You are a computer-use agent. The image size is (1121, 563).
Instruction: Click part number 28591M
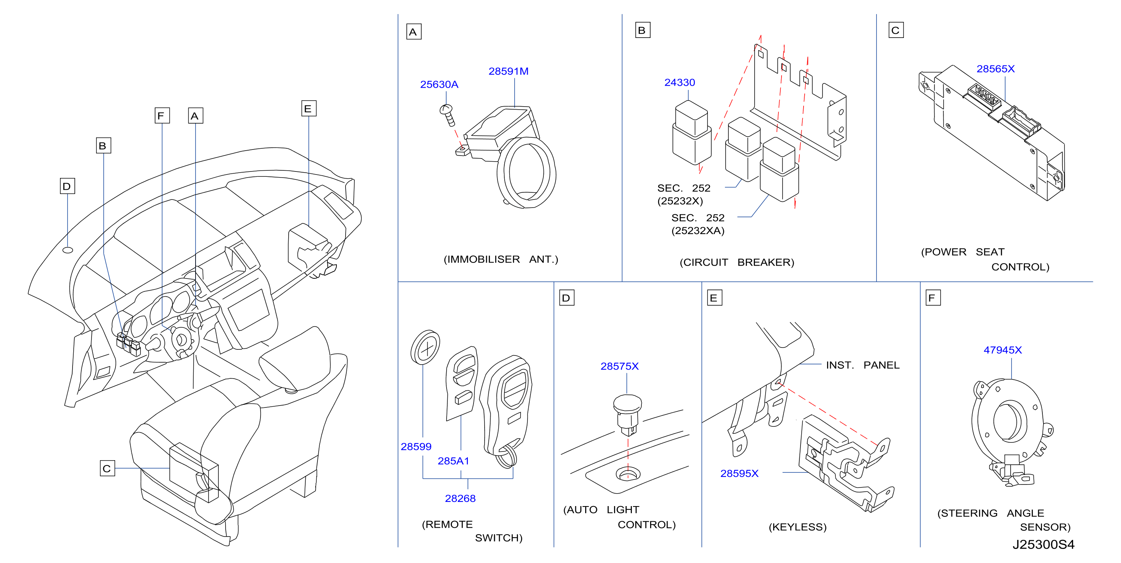508,71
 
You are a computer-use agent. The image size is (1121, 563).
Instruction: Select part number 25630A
439,84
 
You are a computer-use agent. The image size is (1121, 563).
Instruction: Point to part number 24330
680,83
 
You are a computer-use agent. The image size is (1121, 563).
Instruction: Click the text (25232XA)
698,231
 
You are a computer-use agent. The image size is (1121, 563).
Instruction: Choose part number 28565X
996,69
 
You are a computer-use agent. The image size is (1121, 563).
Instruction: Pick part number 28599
416,447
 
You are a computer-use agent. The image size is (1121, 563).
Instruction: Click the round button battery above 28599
425,348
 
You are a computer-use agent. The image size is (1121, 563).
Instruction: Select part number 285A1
453,461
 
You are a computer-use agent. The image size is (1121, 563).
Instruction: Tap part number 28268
460,498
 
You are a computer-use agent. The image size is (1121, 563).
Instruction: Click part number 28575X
620,366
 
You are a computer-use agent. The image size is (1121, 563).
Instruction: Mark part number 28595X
739,473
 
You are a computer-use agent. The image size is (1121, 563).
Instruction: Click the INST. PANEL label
862,365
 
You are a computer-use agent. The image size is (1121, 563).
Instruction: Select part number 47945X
1003,350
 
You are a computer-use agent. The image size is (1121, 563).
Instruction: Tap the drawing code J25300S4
1044,544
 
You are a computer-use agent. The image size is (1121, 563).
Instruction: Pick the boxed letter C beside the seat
107,468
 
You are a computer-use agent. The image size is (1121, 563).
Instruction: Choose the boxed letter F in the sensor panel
933,298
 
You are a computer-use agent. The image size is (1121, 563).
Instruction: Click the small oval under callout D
68,250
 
